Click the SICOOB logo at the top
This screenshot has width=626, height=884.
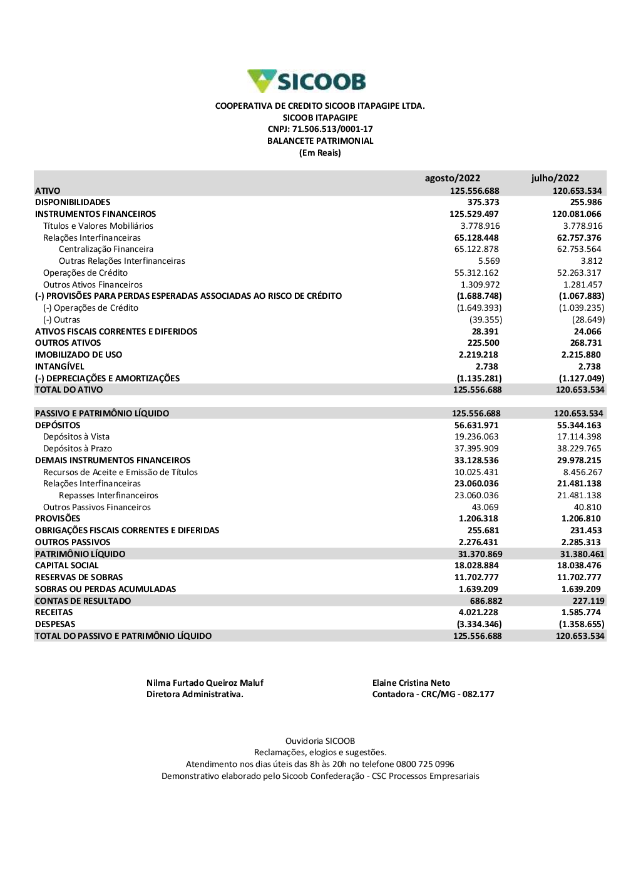pos(307,81)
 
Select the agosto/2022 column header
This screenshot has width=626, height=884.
pos(453,178)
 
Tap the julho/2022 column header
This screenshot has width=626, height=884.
pos(555,178)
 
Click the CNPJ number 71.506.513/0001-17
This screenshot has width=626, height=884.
pos(332,129)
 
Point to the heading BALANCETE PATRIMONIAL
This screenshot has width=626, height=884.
pos(320,141)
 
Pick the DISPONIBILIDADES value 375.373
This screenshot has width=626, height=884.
pos(483,203)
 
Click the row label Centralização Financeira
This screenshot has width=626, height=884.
pos(106,249)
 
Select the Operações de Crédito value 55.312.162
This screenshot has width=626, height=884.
pos(476,273)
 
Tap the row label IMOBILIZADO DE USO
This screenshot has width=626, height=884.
pos(79,355)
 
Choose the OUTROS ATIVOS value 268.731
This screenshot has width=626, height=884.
pos(586,343)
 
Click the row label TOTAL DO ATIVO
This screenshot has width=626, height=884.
pos(69,390)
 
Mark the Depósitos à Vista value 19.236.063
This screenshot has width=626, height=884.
pos(476,437)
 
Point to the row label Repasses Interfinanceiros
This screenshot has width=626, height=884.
pos(108,496)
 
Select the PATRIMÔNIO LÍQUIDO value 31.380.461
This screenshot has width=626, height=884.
pos(582,555)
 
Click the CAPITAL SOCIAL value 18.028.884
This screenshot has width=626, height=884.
pos(476,566)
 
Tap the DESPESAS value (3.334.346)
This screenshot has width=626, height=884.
pos(479,625)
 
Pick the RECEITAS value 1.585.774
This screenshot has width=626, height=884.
pos(581,613)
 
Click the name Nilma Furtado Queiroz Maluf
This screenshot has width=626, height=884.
pos(205,683)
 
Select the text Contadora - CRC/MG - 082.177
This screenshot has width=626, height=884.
pos(433,695)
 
